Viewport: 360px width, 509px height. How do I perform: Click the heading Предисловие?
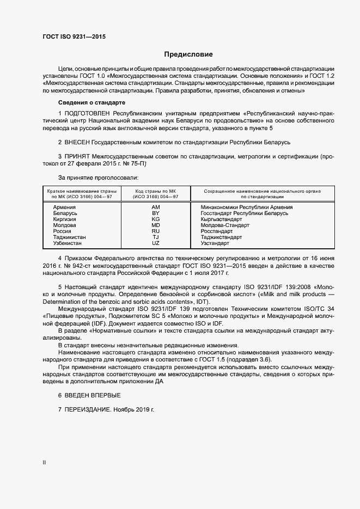(x=189, y=54)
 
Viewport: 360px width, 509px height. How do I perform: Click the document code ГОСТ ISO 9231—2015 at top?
(x=74, y=36)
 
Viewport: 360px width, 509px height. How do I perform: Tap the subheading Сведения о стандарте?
(x=91, y=103)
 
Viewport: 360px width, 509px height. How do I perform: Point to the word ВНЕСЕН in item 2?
(x=77, y=142)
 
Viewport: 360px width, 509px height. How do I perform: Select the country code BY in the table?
(x=156, y=213)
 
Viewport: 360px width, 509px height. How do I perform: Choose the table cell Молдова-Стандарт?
(x=224, y=225)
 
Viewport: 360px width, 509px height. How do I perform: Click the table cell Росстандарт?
(x=217, y=231)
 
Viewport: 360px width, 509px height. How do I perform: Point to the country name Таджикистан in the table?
(x=69, y=237)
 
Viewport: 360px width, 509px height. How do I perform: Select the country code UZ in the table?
(x=156, y=243)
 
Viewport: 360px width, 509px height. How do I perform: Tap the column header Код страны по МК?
(x=155, y=192)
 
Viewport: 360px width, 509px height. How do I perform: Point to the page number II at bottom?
(x=44, y=463)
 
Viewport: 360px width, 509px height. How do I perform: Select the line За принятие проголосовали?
(x=98, y=177)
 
